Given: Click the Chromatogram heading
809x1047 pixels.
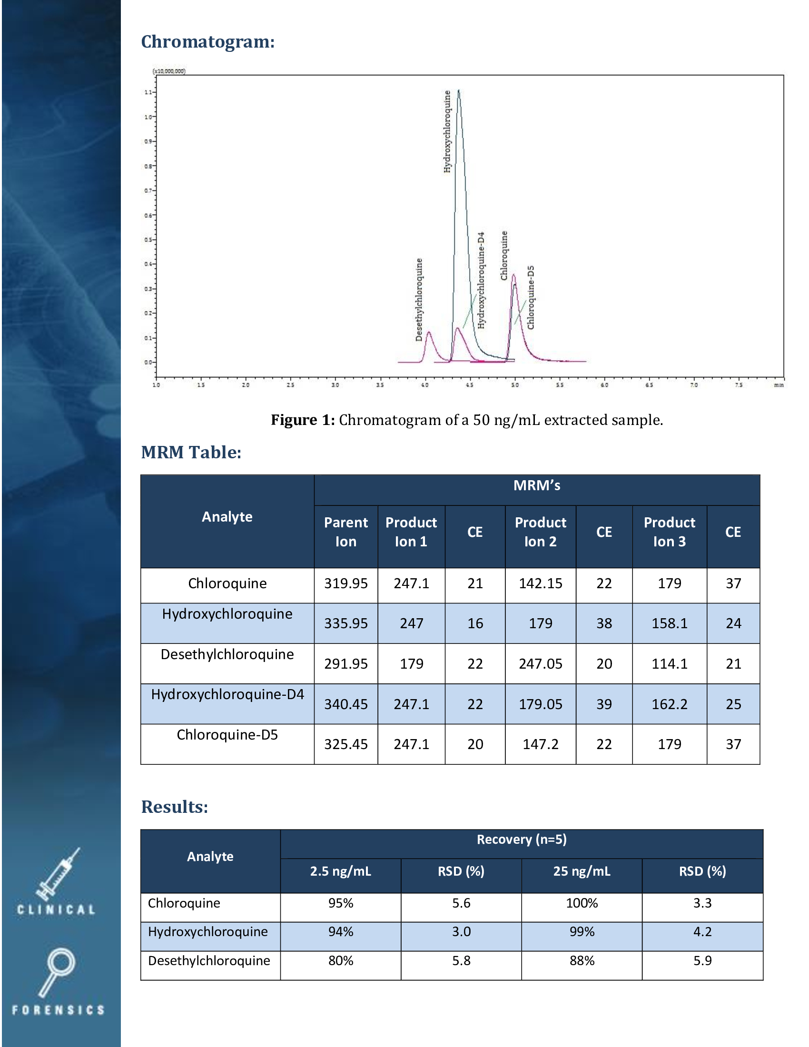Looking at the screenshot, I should click(x=207, y=42).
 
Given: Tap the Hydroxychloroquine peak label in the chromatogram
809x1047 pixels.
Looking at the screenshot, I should click(x=447, y=131).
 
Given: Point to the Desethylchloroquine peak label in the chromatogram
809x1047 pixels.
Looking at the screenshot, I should click(x=419, y=300).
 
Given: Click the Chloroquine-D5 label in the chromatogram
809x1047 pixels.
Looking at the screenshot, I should click(x=531, y=297).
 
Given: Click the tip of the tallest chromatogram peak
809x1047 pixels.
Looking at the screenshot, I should click(x=459, y=90).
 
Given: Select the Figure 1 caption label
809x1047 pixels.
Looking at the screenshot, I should click(x=302, y=420).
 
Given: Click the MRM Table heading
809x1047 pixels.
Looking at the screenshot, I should click(x=191, y=452).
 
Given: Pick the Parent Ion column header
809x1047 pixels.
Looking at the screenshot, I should click(x=345, y=532).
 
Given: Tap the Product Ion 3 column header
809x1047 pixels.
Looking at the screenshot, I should click(x=669, y=532).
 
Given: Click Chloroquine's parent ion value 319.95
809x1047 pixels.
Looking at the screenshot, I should click(x=345, y=583).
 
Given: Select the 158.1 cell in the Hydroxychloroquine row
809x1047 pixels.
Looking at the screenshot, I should click(x=669, y=623).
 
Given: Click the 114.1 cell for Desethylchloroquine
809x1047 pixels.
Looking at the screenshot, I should click(x=669, y=664).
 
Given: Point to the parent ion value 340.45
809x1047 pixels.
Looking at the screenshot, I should click(x=345, y=704).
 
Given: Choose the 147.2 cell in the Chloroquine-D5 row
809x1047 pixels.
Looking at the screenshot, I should click(x=540, y=744).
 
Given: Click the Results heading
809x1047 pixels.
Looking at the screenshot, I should click(x=175, y=807).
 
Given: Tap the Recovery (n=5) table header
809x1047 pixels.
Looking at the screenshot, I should click(x=522, y=840).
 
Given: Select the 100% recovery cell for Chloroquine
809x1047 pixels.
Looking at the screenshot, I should click(x=582, y=903).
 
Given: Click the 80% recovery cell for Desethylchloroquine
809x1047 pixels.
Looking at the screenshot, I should click(x=340, y=961).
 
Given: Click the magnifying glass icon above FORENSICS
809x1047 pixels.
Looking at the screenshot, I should click(x=57, y=970).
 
